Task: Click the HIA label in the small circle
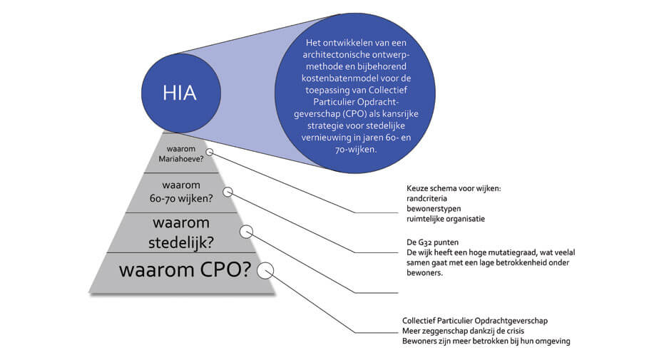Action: [180, 93]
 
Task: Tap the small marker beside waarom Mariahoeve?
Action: [209, 152]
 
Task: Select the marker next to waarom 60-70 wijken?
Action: [228, 192]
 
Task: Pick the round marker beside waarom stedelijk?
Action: [247, 232]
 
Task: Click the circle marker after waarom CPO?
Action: [265, 270]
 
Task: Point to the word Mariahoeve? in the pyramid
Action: [181, 159]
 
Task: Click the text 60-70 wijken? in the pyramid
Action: [181, 198]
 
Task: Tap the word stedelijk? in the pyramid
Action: [181, 243]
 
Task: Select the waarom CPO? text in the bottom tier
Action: [185, 270]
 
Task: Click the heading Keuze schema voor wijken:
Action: [454, 189]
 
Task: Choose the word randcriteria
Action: [427, 198]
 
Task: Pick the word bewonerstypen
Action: [434, 209]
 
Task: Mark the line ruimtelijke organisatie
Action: [446, 219]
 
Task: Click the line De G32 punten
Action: [432, 242]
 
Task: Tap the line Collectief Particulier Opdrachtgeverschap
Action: [475, 321]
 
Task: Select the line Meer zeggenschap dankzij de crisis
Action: [464, 331]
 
